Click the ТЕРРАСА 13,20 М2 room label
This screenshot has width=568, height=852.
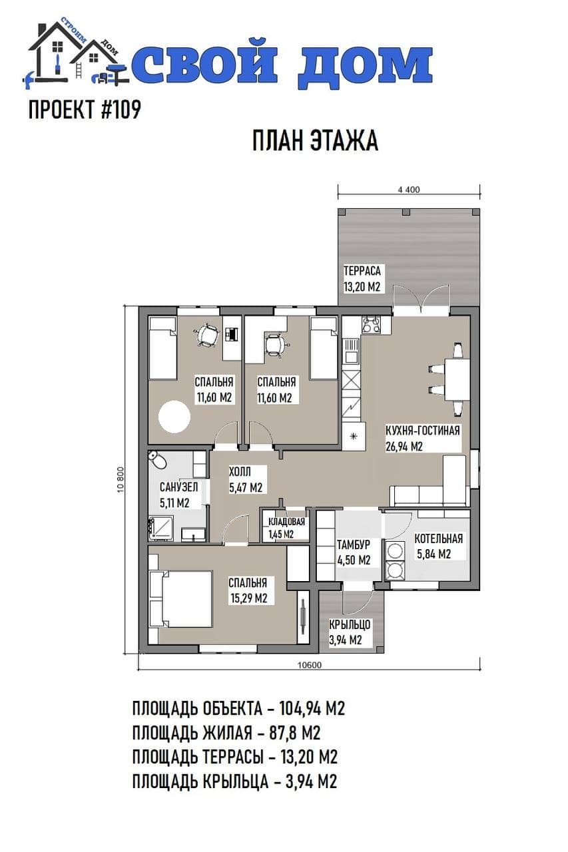click(x=362, y=278)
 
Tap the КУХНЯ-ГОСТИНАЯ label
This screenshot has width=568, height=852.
click(x=423, y=431)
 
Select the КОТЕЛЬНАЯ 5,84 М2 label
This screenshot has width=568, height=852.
click(x=438, y=546)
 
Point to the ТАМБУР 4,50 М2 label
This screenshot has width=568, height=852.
click(x=354, y=552)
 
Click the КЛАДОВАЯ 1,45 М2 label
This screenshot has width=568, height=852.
click(x=286, y=528)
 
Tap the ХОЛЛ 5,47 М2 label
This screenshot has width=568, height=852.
click(x=246, y=479)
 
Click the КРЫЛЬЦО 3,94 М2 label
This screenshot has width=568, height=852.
click(x=349, y=632)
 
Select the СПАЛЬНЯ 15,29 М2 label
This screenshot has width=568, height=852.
click(x=248, y=590)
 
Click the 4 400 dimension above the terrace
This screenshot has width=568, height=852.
click(x=409, y=190)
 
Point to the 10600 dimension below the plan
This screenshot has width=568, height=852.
click(x=309, y=665)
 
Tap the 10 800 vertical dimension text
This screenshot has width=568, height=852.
click(x=121, y=479)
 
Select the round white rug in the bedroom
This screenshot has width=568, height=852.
click(x=174, y=417)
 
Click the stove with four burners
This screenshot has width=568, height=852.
click(x=370, y=325)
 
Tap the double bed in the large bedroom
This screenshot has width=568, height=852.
click(x=180, y=599)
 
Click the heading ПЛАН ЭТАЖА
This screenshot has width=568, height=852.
click(x=315, y=140)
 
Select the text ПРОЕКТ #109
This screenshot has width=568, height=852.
click(x=85, y=110)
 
